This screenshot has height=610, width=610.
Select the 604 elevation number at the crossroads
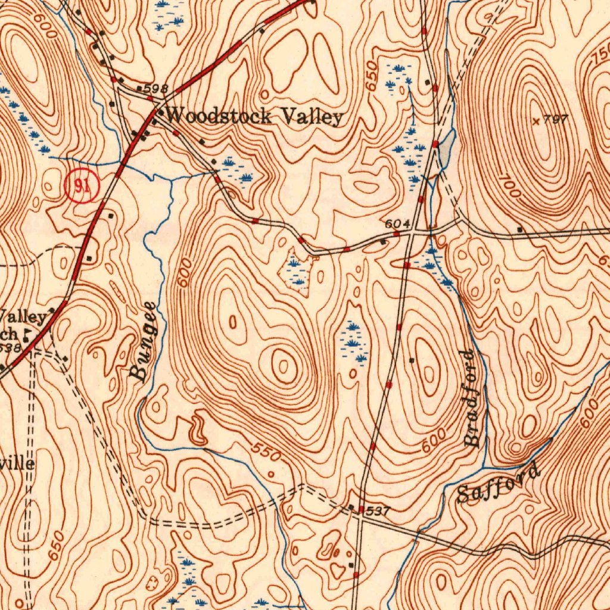pos(397,224)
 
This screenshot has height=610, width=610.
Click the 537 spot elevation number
pos(379,511)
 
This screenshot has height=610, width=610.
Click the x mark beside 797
pos(537,121)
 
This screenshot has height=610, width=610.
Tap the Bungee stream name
pos(143,341)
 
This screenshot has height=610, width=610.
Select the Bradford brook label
pos(471,398)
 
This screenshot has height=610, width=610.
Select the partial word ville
pos(18,463)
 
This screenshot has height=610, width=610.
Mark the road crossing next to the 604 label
pos(412,233)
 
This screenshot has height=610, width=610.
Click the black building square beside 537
pos(361,508)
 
